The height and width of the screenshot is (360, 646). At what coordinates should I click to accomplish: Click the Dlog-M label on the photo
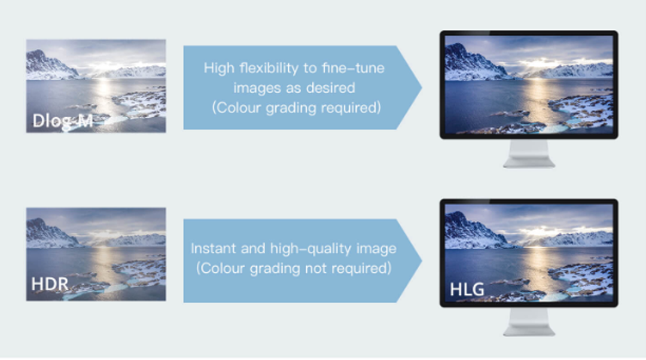click(x=63, y=121)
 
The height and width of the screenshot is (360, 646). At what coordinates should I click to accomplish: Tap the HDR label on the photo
click(x=50, y=284)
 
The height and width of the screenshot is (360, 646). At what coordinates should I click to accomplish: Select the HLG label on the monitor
click(x=467, y=289)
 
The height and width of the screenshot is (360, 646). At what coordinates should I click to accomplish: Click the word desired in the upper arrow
click(x=330, y=88)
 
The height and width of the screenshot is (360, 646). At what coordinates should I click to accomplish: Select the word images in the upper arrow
click(x=254, y=89)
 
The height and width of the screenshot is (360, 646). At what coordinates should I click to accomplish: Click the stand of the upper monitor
click(x=529, y=153)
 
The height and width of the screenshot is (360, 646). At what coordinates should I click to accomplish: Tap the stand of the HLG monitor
click(x=529, y=322)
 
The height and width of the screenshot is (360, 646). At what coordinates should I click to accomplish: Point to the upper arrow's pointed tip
click(x=422, y=87)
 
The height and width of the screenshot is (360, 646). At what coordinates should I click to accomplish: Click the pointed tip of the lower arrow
click(x=422, y=260)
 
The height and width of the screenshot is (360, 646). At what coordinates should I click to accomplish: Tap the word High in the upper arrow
click(x=219, y=68)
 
